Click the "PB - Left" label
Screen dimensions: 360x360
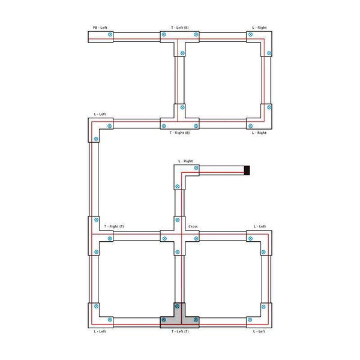pos(100,28)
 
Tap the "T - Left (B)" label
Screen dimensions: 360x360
pos(180,28)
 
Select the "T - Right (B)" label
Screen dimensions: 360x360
pos(179,133)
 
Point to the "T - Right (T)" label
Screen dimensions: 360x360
pos(114,226)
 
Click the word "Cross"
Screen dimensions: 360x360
pos(193,226)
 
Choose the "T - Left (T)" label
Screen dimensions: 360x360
pos(180,331)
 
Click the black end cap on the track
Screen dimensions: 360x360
pos(247,170)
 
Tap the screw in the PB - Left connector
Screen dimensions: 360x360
pos(110,34)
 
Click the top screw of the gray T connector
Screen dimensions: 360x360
pos(177,307)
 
